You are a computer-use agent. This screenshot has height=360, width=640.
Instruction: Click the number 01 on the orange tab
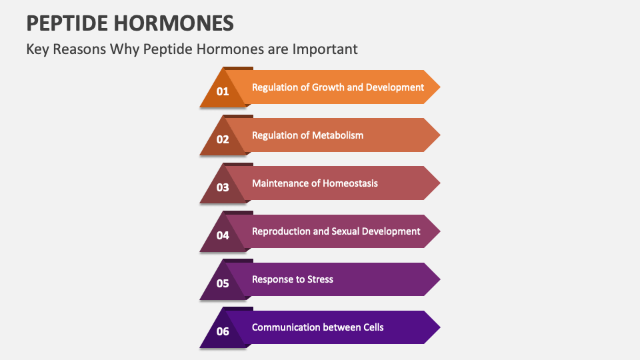pyautogui.click(x=223, y=91)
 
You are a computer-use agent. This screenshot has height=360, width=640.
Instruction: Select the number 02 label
pyautogui.click(x=223, y=139)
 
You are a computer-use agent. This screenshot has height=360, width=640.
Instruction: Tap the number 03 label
pyautogui.click(x=223, y=187)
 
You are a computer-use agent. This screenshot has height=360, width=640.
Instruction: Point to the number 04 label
pyautogui.click(x=223, y=235)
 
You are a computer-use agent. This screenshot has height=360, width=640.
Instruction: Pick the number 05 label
pyautogui.click(x=223, y=283)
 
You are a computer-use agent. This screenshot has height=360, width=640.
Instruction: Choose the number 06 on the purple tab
pyautogui.click(x=223, y=331)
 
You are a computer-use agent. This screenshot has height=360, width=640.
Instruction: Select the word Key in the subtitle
pyautogui.click(x=37, y=49)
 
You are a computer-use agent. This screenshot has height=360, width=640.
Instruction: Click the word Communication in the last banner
pyautogui.click(x=286, y=327)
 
